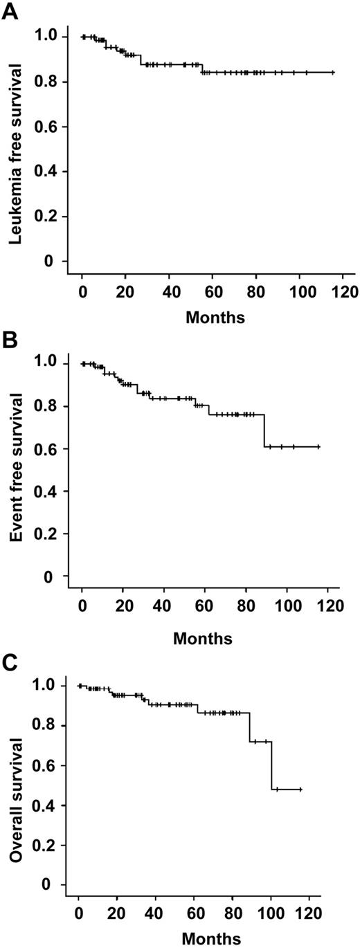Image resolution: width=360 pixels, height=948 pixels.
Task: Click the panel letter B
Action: coord(9,341)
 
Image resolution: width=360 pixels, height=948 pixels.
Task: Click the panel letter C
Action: coord(9,667)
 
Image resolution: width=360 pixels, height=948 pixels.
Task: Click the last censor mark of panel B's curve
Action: coord(318,447)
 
